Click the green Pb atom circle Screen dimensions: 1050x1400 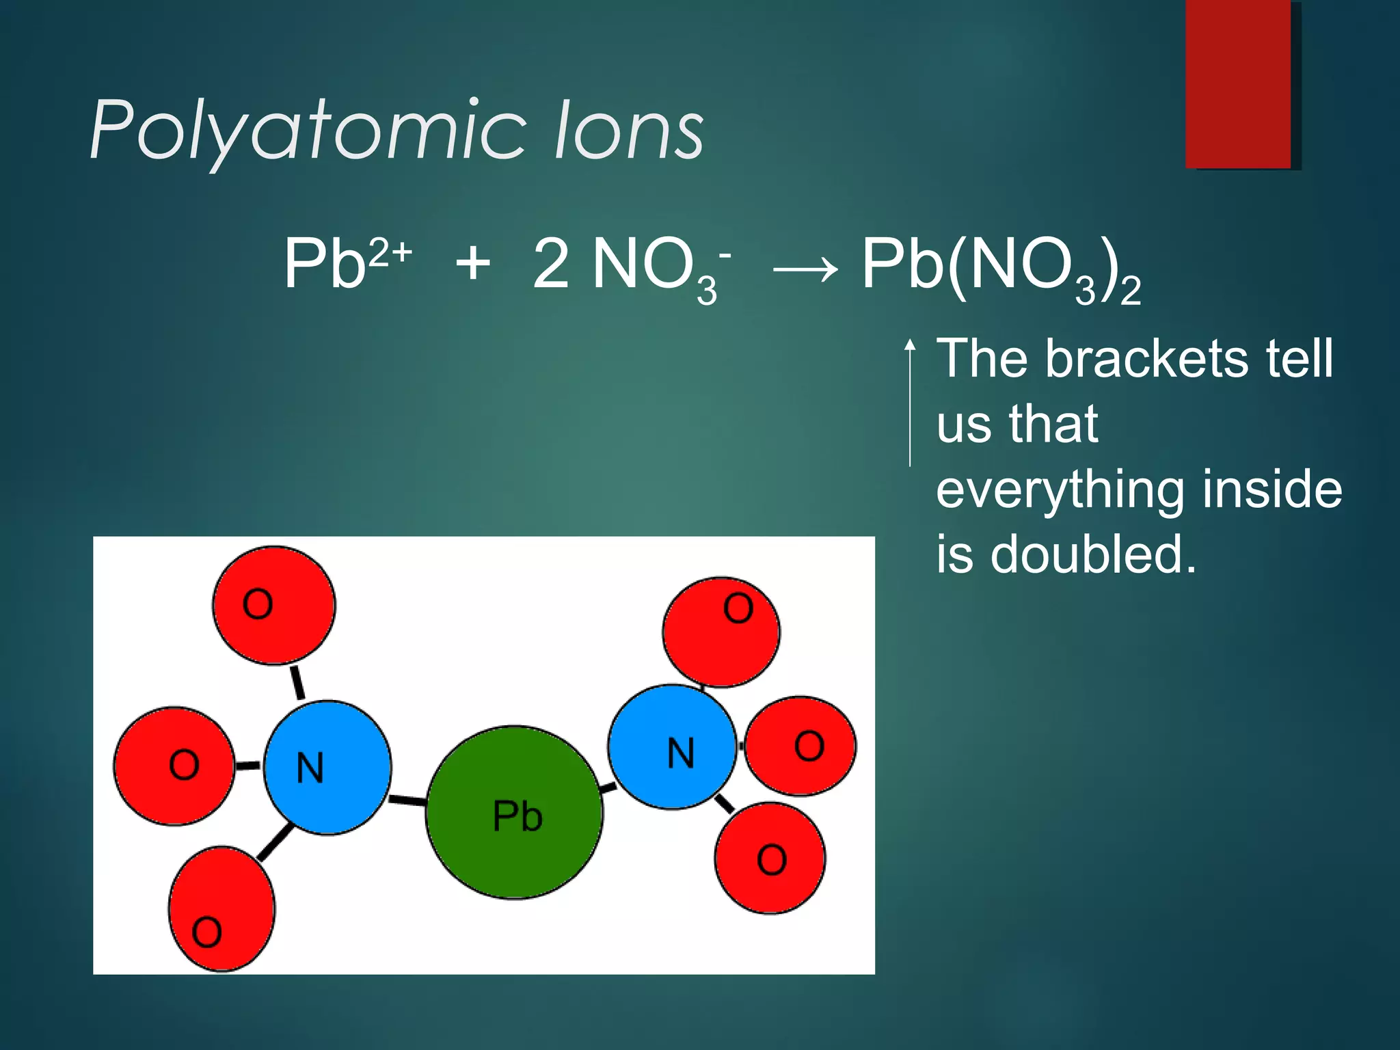(x=514, y=812)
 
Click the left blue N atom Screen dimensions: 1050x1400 (x=327, y=767)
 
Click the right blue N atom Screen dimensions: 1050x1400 (x=673, y=747)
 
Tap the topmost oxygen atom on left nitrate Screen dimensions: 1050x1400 (x=273, y=605)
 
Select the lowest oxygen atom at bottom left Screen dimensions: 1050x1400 (x=221, y=908)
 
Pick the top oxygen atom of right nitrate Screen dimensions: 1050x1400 (x=721, y=632)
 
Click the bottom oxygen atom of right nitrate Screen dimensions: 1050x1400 (x=770, y=858)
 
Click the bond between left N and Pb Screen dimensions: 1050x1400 (x=408, y=800)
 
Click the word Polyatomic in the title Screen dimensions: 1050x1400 (x=308, y=130)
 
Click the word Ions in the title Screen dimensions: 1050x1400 (x=629, y=130)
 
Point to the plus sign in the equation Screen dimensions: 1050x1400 (x=472, y=264)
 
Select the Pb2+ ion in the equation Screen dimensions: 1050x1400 (x=345, y=264)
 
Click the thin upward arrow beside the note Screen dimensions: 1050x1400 (x=910, y=403)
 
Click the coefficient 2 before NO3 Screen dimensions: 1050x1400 (x=551, y=264)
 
